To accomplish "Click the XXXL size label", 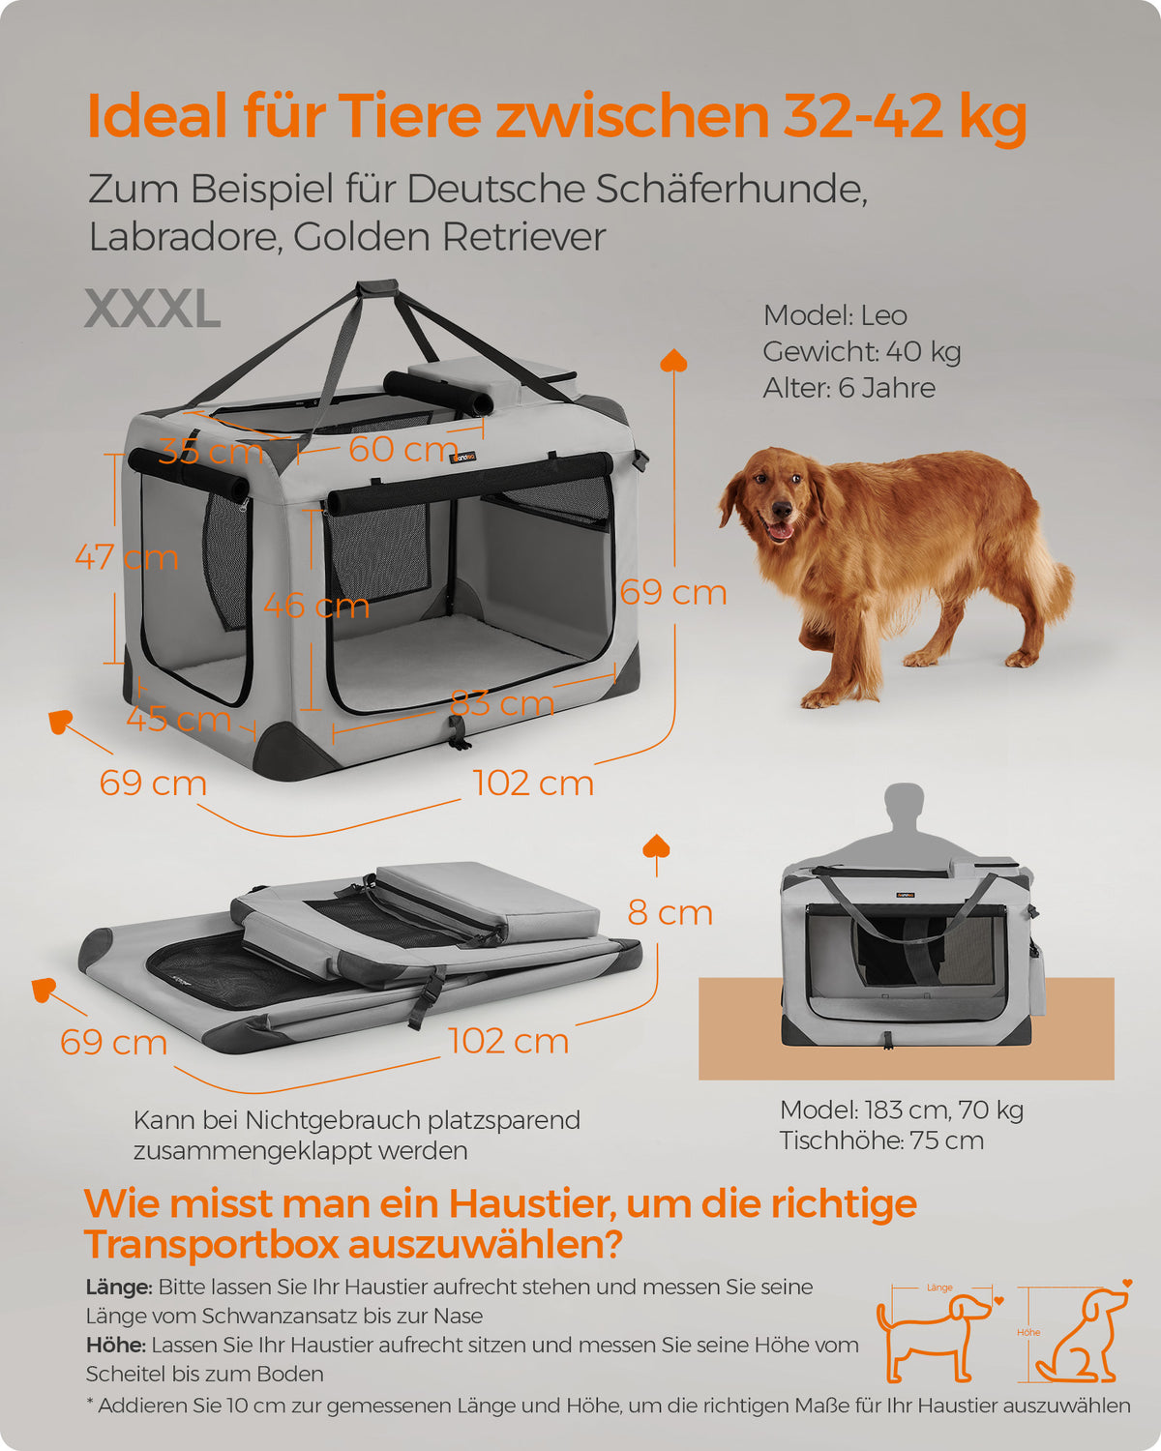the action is click(153, 310).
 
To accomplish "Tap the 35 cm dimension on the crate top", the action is click(211, 451).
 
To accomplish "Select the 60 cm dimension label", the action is click(403, 449).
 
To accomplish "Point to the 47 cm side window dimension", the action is click(127, 557).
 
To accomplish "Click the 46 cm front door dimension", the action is click(316, 606).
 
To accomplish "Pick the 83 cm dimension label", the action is click(502, 703).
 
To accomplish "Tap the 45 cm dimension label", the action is click(179, 718).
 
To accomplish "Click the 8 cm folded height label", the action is click(670, 913).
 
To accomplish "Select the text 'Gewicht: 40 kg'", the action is click(861, 351).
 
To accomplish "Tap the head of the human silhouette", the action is click(904, 800).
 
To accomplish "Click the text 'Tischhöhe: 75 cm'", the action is click(881, 1140).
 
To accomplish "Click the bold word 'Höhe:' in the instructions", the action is click(116, 1346).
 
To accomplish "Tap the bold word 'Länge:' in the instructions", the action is click(119, 1288).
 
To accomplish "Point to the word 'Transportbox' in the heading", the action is click(211, 1245).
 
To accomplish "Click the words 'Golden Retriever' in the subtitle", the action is click(449, 237).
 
